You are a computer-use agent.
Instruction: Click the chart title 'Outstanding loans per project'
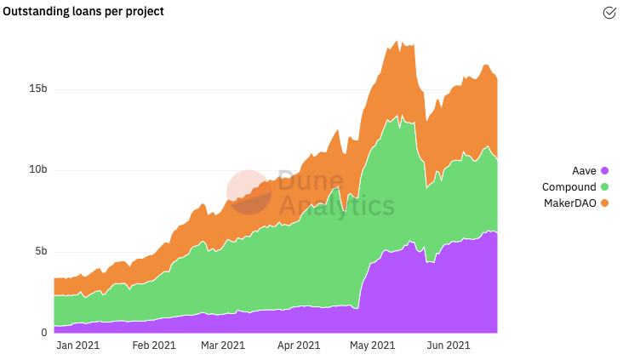(83, 12)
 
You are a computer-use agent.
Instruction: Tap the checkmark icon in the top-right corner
(609, 13)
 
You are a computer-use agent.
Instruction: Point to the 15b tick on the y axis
(37, 89)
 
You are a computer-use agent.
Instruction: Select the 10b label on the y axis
(37, 169)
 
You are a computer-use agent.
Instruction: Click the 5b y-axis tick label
(41, 251)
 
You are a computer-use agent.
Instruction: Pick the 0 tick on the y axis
(44, 333)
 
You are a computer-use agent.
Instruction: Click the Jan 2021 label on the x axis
(78, 346)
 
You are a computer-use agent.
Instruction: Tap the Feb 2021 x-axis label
(154, 346)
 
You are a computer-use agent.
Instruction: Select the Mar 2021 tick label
(223, 346)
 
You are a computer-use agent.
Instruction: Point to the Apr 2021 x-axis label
(299, 346)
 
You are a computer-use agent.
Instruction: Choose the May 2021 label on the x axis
(372, 346)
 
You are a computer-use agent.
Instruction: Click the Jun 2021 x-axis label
(449, 346)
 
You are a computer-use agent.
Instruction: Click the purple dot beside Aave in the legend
(605, 171)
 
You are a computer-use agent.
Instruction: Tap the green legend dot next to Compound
(605, 186)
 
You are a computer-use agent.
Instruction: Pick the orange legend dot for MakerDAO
(605, 203)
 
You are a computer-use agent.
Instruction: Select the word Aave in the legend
(584, 171)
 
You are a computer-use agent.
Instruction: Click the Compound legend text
(569, 187)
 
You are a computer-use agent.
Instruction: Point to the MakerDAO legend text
(569, 203)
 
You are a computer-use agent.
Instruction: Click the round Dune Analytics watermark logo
(249, 192)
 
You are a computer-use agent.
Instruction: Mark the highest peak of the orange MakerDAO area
(396, 41)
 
